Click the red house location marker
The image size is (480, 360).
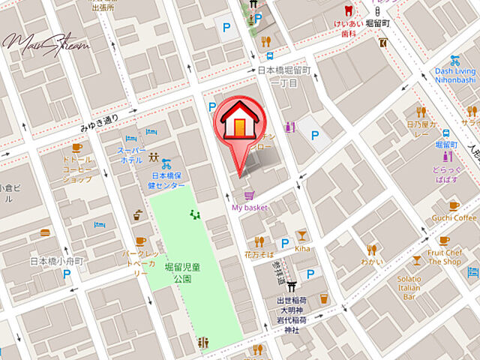(x=238, y=122)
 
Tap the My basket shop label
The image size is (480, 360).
(x=250, y=207)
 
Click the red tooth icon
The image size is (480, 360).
(x=347, y=10)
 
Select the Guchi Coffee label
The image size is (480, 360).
(x=454, y=218)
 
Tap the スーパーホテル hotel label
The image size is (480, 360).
(x=130, y=155)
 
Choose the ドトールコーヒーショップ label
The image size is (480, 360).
(x=77, y=169)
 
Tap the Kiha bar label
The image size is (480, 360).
(x=302, y=247)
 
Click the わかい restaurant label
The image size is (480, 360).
(x=371, y=262)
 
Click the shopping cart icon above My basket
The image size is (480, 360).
(x=249, y=193)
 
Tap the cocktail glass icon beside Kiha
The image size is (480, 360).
(x=301, y=235)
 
